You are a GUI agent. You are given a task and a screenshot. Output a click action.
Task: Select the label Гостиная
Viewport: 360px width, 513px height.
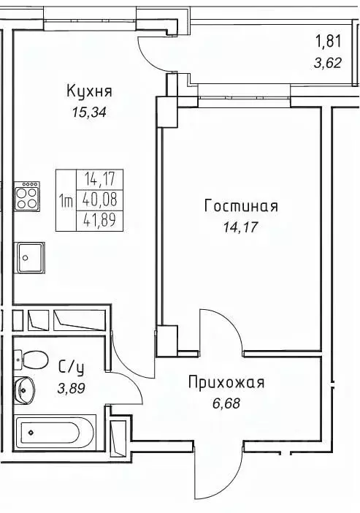pyautogui.click(x=241, y=207)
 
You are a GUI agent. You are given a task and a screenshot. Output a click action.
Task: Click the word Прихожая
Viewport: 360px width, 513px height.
pyautogui.click(x=226, y=382)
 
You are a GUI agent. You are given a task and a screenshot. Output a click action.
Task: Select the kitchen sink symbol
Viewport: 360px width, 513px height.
pyautogui.click(x=31, y=257)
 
